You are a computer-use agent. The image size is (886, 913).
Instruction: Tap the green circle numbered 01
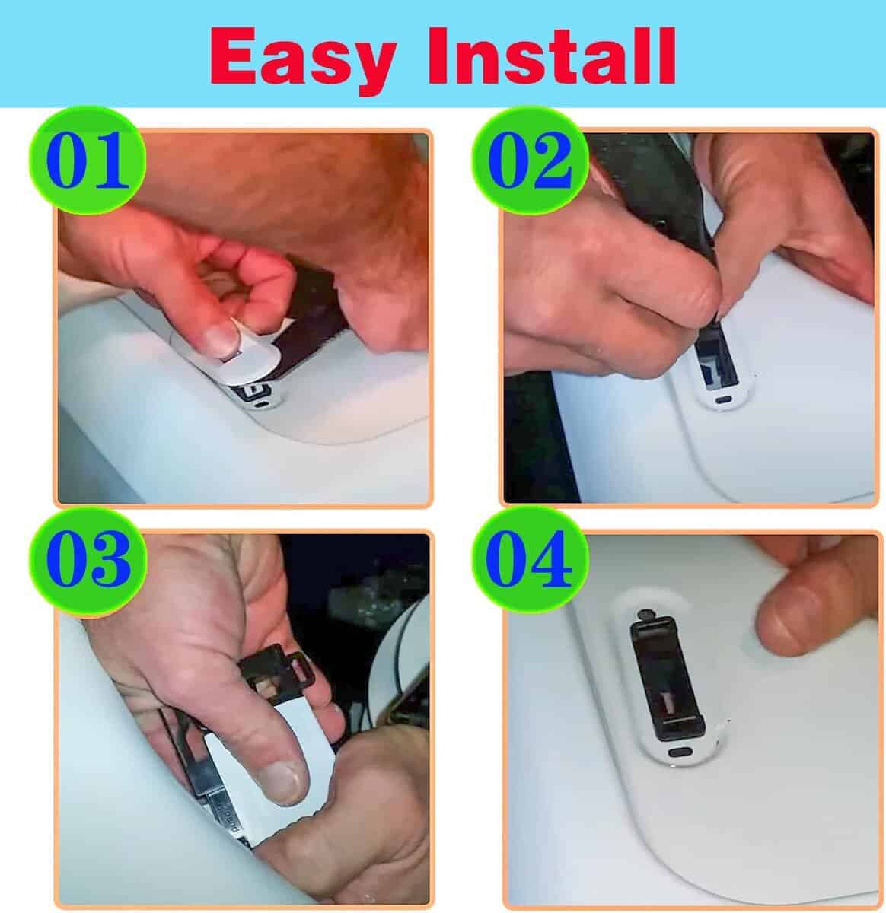point(88,160)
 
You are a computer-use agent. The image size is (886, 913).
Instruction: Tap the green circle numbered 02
point(530,160)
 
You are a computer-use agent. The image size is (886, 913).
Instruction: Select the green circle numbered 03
point(88,561)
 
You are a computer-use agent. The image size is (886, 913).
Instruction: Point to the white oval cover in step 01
point(225,357)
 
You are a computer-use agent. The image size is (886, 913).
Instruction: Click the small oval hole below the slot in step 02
point(725,399)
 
